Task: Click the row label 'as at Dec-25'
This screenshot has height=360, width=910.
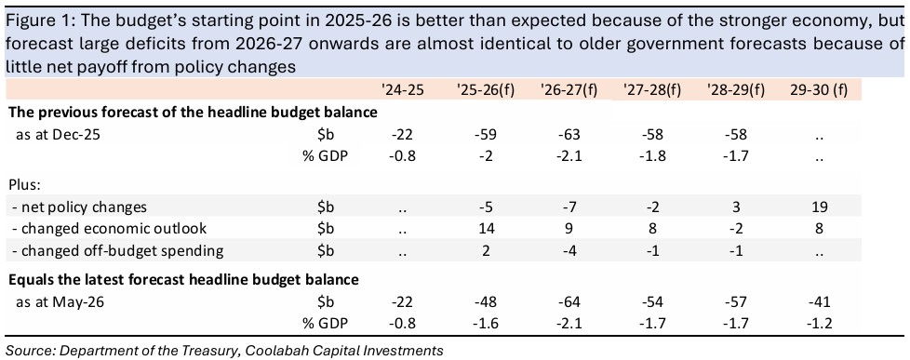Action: (x=53, y=135)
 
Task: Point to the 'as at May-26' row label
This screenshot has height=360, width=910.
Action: (x=56, y=302)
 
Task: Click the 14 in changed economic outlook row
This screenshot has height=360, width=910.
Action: (x=487, y=229)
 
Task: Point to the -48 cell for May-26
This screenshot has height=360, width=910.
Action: (x=487, y=302)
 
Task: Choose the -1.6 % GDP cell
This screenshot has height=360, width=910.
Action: (x=487, y=324)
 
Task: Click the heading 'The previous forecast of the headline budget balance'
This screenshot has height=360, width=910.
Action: (x=193, y=113)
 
